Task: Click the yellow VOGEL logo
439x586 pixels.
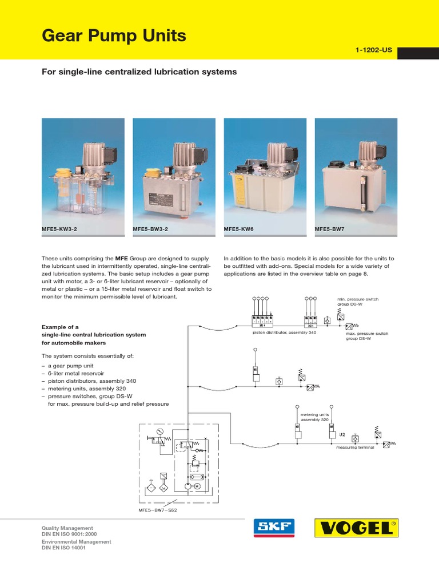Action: click(356, 528)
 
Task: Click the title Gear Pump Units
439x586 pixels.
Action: click(114, 36)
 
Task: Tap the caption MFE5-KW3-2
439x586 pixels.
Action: click(61, 229)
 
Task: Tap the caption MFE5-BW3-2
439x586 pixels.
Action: click(151, 229)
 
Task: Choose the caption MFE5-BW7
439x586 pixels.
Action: click(331, 229)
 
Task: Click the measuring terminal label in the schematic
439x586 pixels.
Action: click(354, 448)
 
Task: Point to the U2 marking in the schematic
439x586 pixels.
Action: click(343, 434)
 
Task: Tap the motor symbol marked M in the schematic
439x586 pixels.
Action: click(196, 486)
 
